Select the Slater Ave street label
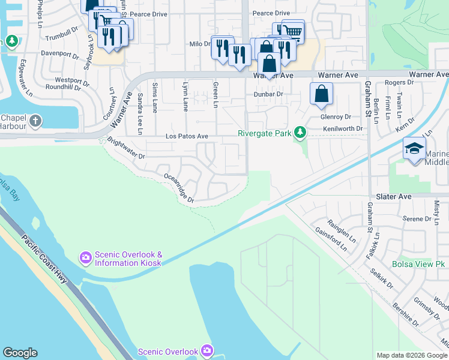pos(394,196)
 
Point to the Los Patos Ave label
pos(187,137)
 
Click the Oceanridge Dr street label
pos(179,187)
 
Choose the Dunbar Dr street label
pos(268,94)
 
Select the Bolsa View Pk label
pos(418,264)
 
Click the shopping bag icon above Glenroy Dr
pos(321,94)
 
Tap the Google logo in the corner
pos(20,353)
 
